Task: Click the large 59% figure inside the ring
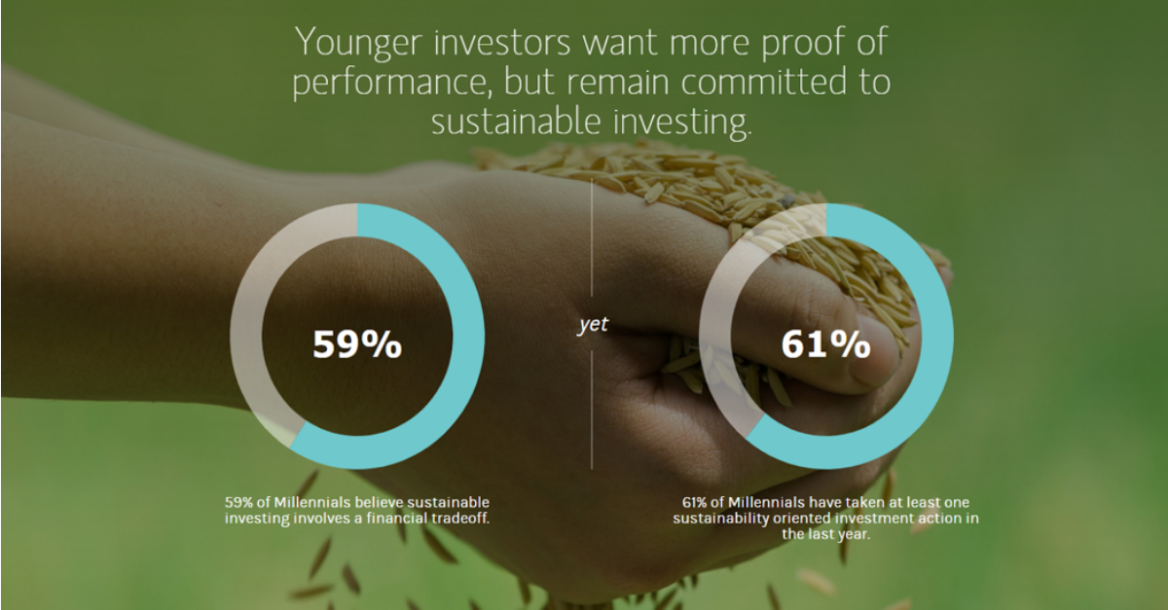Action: pyautogui.click(x=357, y=344)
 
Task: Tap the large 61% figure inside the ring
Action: pyautogui.click(x=826, y=344)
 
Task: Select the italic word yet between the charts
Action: pyautogui.click(x=593, y=324)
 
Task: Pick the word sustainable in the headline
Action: pyautogui.click(x=516, y=121)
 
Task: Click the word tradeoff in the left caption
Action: pyautogui.click(x=459, y=519)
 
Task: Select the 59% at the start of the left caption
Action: pyautogui.click(x=238, y=503)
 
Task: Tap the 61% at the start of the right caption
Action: pyautogui.click(x=695, y=503)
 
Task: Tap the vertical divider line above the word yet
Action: pyautogui.click(x=592, y=237)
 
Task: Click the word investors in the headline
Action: pyautogui.click(x=502, y=43)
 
